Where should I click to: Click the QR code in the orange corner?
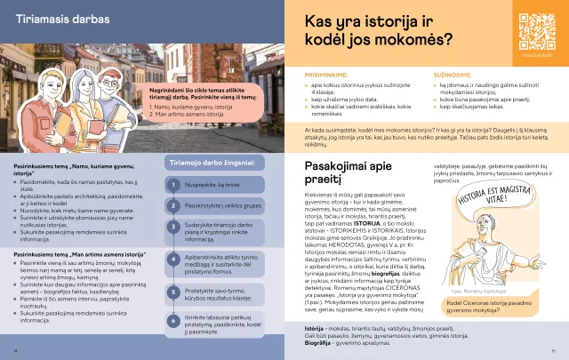pyautogui.click(x=531, y=35)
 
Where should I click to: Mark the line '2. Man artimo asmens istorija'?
pyautogui.click(x=182, y=114)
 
